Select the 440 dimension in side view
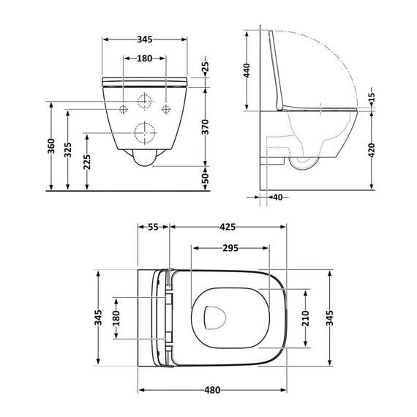point(248,71)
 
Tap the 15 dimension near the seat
point(371,97)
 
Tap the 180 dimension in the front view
point(144,59)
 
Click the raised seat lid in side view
point(279,69)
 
